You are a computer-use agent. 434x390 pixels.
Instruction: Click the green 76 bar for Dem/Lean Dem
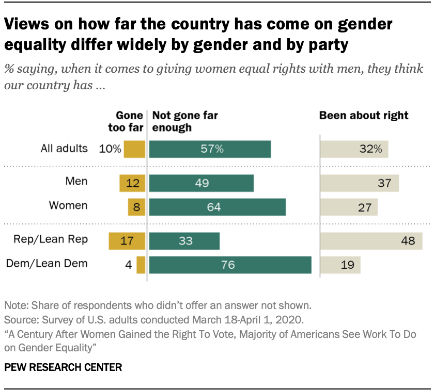click(230, 265)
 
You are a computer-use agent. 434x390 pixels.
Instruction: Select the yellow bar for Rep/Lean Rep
click(127, 241)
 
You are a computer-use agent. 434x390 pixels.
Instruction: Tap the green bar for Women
click(217, 207)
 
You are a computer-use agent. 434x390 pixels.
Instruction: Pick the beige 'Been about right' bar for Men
click(359, 183)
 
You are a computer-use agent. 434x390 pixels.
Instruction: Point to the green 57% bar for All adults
click(210, 149)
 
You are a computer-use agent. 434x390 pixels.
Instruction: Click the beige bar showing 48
click(374, 241)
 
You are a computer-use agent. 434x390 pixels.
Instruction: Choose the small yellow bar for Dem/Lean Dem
click(141, 265)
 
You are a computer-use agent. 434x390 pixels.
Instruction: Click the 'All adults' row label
click(64, 149)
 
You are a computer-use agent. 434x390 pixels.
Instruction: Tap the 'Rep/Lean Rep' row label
click(57, 240)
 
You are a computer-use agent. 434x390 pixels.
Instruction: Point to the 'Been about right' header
click(364, 116)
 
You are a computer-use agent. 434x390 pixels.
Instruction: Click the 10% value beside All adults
click(111, 150)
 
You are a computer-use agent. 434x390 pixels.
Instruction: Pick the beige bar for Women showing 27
click(349, 207)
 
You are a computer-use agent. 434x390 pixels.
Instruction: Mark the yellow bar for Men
click(133, 183)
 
